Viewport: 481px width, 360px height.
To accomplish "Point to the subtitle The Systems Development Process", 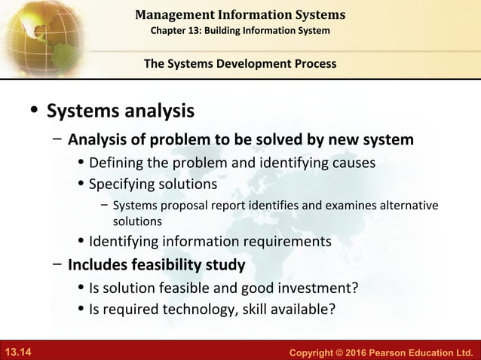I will point(240,63).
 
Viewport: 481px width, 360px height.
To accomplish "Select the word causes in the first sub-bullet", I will point(353,163).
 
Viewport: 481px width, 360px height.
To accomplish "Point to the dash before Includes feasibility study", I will point(57,265).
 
